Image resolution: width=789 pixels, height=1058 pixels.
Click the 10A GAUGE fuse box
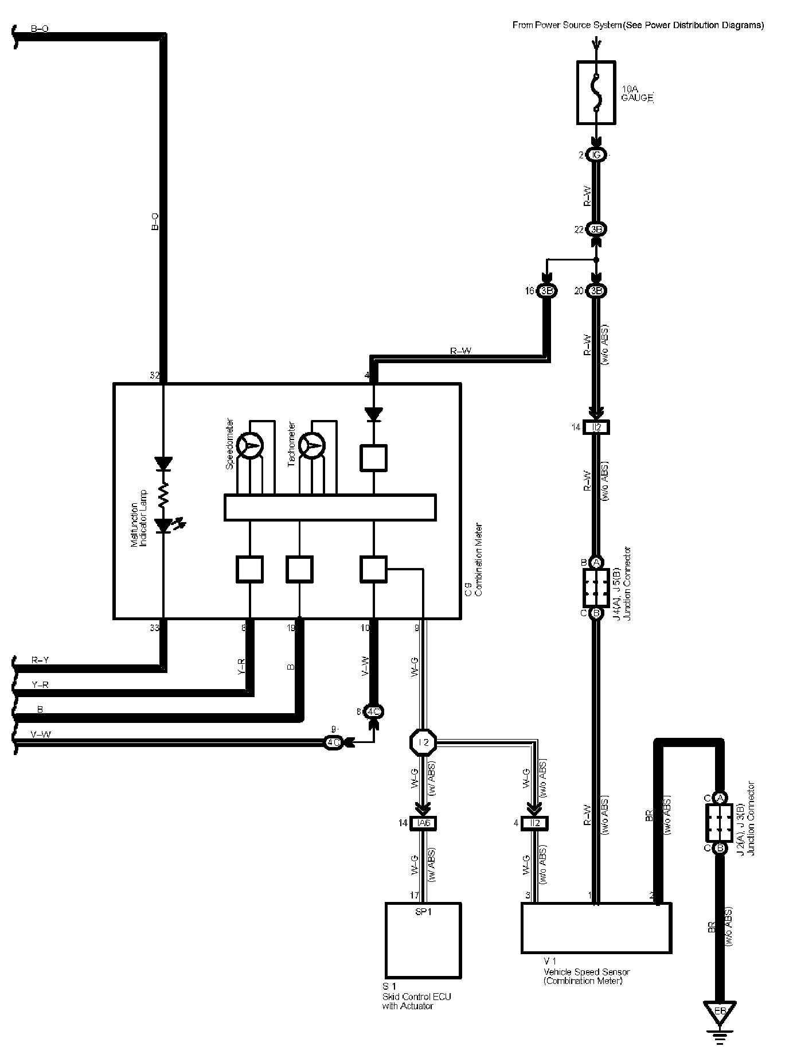596,92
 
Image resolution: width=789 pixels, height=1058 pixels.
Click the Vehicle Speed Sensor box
596,928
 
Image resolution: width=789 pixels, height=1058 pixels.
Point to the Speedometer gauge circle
250,445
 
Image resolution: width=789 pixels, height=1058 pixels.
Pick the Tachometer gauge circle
313,445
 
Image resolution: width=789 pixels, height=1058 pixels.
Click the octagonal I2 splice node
424,742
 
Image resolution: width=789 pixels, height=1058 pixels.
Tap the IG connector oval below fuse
596,155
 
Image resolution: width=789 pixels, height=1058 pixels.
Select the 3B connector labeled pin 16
547,291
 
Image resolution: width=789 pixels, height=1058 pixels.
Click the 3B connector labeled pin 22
596,230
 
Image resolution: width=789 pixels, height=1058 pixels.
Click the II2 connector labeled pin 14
596,427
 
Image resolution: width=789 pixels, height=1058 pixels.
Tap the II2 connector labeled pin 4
535,823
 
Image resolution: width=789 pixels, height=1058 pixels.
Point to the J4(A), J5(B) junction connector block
596,588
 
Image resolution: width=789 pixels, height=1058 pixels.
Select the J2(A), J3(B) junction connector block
720,823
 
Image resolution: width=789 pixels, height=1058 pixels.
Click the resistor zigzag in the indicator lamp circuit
163,494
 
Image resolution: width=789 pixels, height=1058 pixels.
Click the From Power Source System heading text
638,25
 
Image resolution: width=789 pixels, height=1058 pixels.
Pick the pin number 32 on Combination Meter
154,376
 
